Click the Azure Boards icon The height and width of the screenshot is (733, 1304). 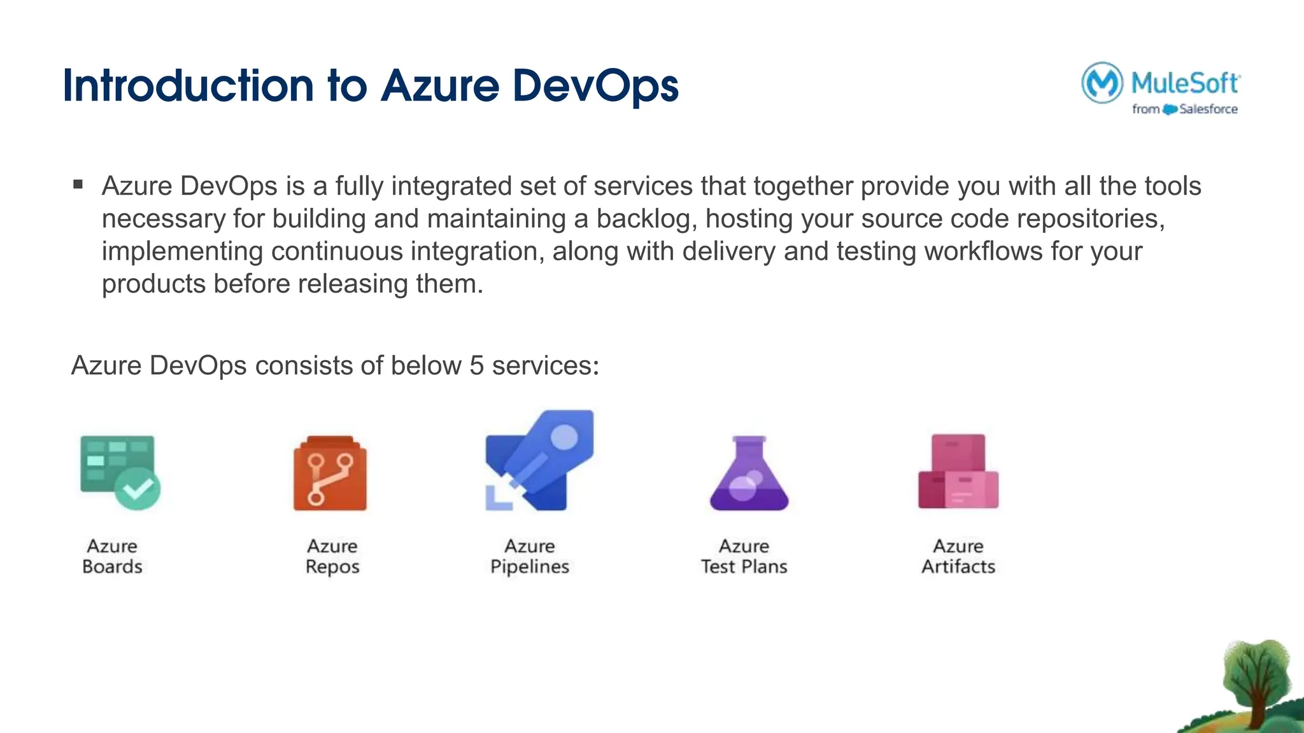pyautogui.click(x=119, y=471)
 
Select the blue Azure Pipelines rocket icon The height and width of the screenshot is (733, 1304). pyautogui.click(x=540, y=461)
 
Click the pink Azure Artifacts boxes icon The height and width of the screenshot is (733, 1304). pyautogui.click(x=958, y=471)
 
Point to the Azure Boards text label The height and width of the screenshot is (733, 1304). pyautogui.click(x=112, y=556)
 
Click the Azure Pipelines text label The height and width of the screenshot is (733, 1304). pyautogui.click(x=530, y=556)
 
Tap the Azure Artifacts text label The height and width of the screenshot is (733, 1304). pyautogui.click(x=958, y=556)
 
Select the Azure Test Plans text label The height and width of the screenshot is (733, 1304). pyautogui.click(x=744, y=556)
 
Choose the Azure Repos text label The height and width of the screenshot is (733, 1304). pyautogui.click(x=332, y=556)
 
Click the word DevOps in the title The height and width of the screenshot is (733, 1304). pyautogui.click(x=595, y=86)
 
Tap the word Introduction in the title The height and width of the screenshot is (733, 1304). pyautogui.click(x=188, y=86)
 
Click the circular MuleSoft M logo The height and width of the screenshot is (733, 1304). pyautogui.click(x=1102, y=82)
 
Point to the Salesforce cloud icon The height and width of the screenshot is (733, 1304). pyautogui.click(x=1170, y=109)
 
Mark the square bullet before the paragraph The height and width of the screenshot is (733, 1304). pyautogui.click(x=78, y=185)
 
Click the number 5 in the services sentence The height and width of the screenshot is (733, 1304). pyautogui.click(x=476, y=366)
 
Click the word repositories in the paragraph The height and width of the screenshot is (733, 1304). pyautogui.click(x=1090, y=219)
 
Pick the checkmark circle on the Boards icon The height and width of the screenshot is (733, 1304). pyautogui.click(x=138, y=489)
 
